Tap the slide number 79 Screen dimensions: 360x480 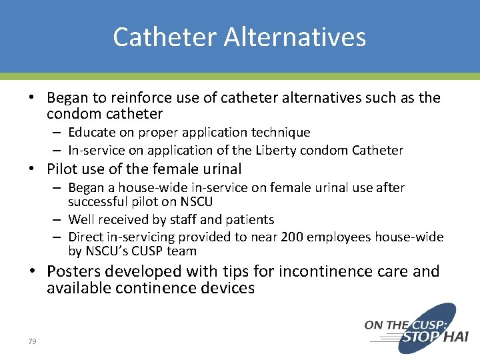pyautogui.click(x=32, y=341)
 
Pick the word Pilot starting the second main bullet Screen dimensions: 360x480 pyautogui.click(x=63, y=169)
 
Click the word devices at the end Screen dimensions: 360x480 pyautogui.click(x=225, y=288)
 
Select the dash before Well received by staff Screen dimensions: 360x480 pyautogui.click(x=59, y=220)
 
